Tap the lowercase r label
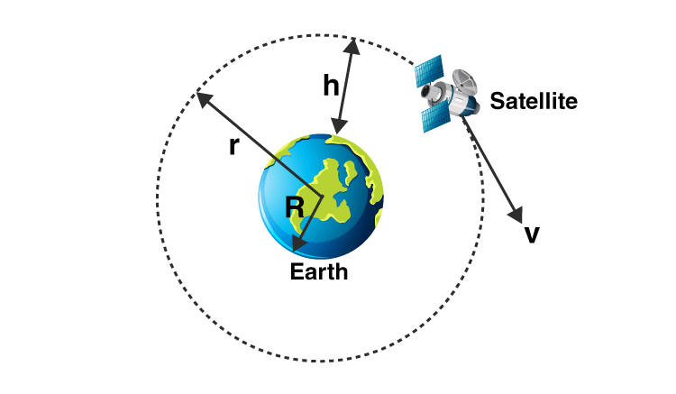233,146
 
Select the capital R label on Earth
295,207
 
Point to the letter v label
532,234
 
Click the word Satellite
534,101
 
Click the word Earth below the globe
318,271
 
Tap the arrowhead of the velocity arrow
516,215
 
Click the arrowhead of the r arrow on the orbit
204,99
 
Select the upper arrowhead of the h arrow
352,46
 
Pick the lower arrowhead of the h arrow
338,127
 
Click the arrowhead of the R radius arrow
298,244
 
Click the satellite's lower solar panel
436,118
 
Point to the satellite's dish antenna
465,82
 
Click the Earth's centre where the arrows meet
322,197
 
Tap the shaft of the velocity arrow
490,167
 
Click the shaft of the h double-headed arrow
345,87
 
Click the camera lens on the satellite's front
426,91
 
